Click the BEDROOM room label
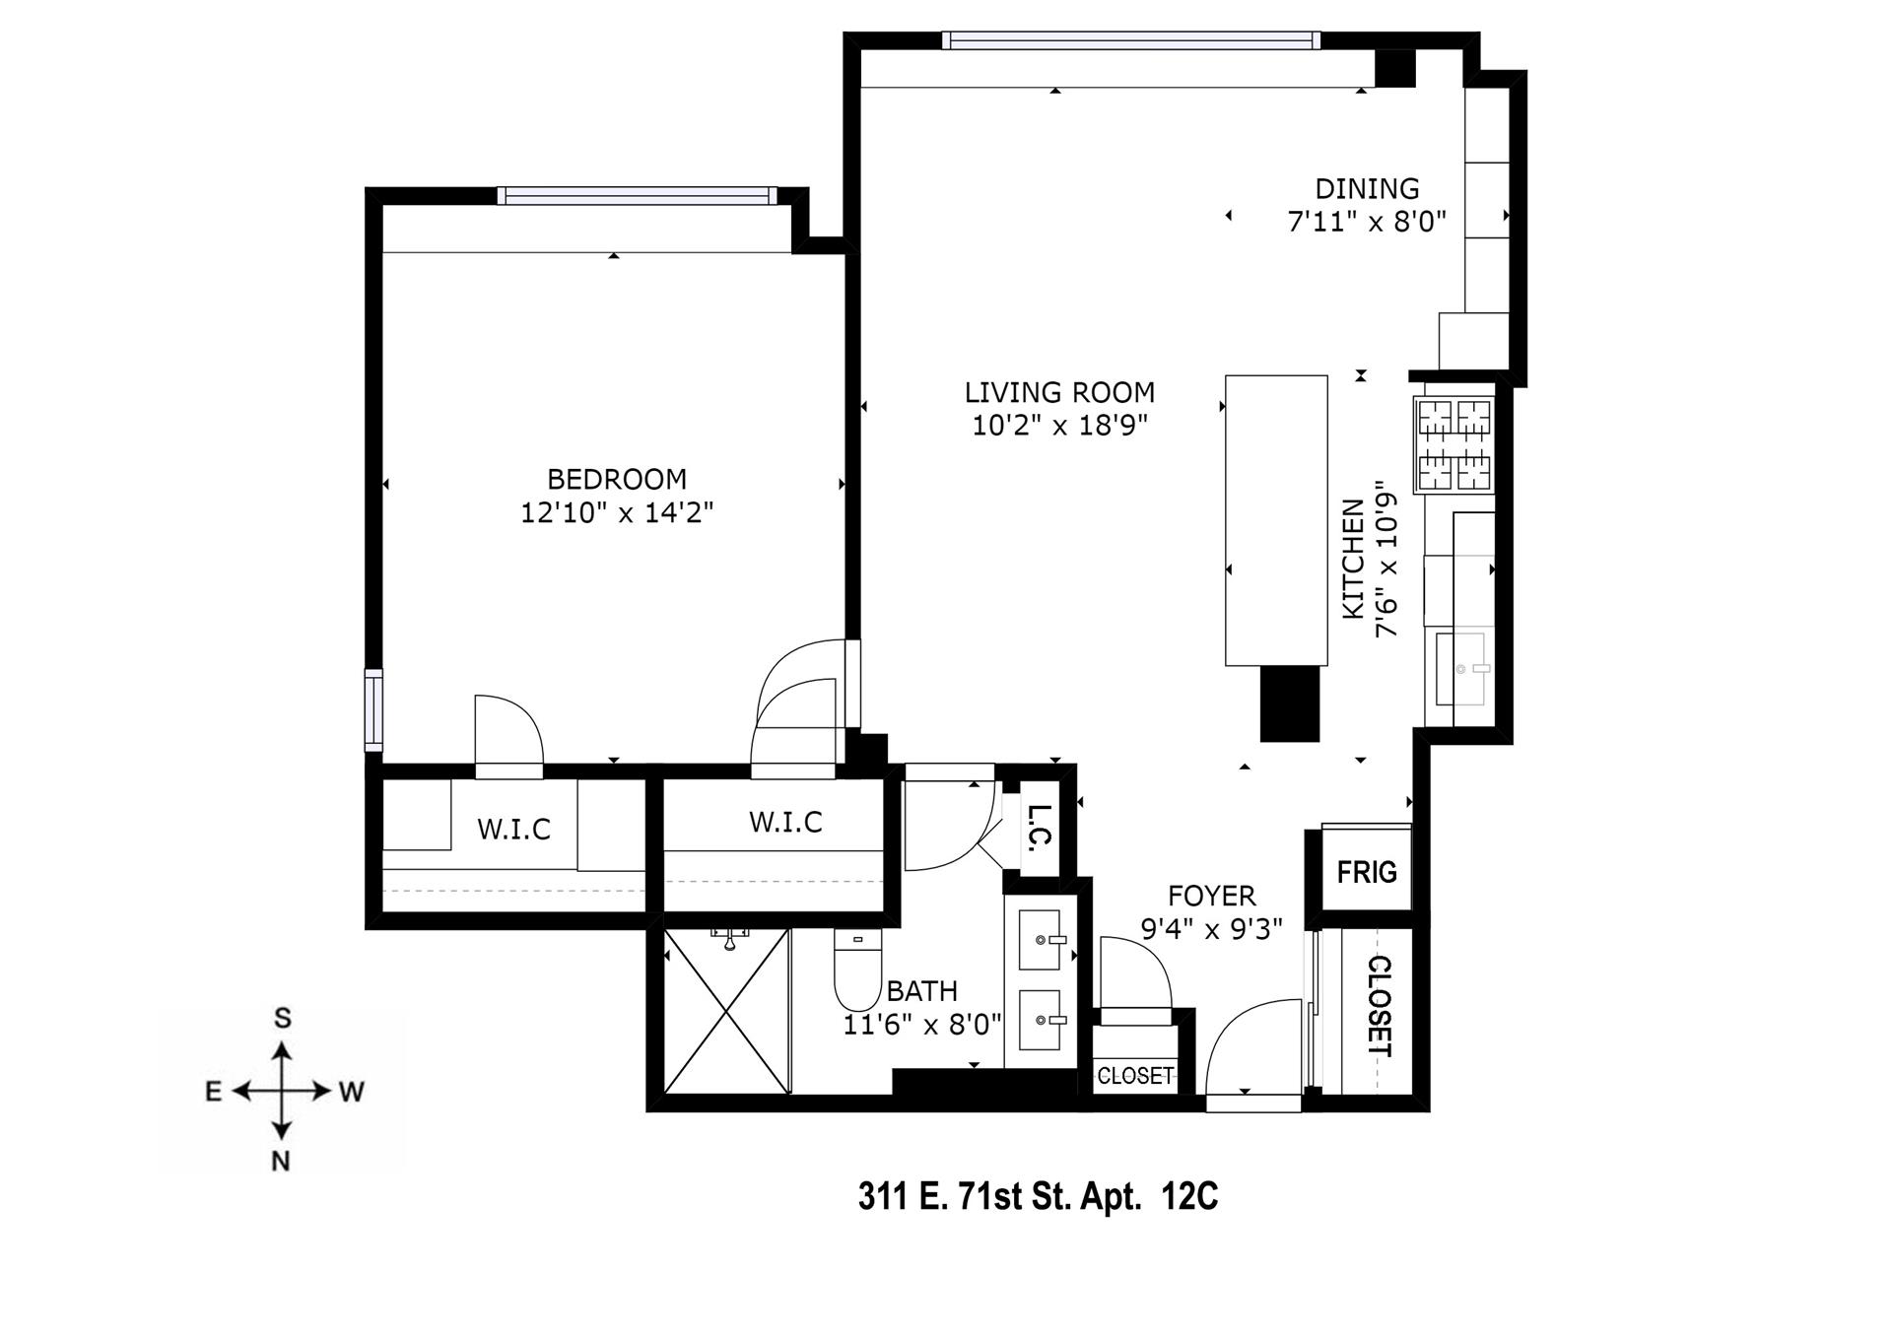coord(617,480)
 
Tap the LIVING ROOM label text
coord(1059,393)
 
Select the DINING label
coord(1367,188)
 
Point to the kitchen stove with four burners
coord(1454,444)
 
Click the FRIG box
coord(1366,868)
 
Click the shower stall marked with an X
coord(727,1011)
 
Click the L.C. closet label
coord(1041,828)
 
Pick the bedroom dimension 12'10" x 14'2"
coord(617,513)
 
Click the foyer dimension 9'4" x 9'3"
coord(1211,929)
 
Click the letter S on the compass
coord(283,1019)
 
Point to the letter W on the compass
coord(352,1092)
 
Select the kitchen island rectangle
coord(1276,520)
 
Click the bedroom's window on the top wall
coord(637,196)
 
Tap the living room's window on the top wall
coord(1130,40)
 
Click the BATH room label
coord(922,991)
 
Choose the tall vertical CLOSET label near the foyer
coord(1380,1006)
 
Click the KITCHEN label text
coord(1353,559)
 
